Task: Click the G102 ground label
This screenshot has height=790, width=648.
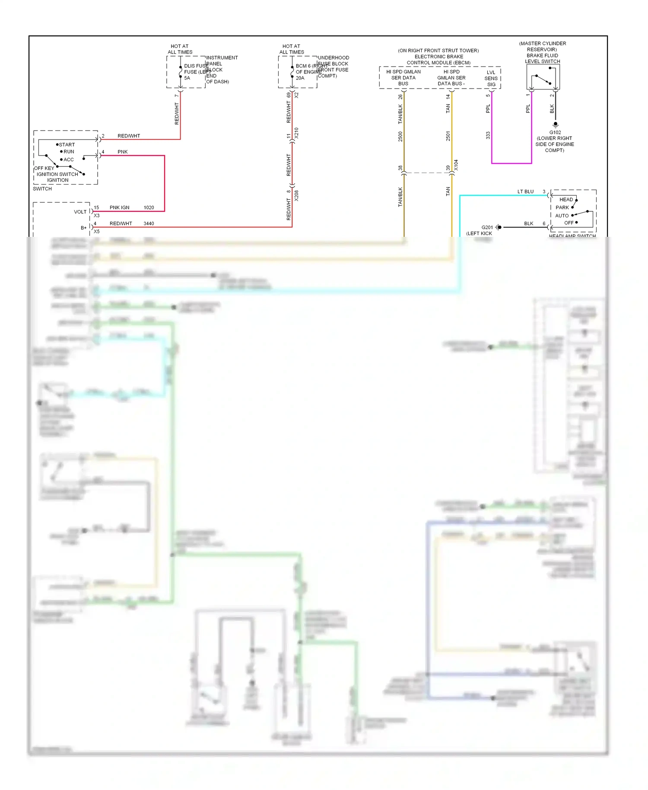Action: point(555,132)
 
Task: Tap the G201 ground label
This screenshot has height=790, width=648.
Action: point(487,227)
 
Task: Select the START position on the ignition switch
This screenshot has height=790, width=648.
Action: point(67,145)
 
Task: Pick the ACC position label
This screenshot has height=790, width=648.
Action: point(69,159)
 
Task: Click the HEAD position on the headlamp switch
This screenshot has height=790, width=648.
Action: point(566,200)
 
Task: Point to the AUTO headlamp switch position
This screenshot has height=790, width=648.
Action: point(562,216)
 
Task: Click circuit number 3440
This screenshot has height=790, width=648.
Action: point(149,223)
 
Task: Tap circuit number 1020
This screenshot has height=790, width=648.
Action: point(149,207)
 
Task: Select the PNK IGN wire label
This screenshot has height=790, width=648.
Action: point(119,207)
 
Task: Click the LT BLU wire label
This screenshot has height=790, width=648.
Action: point(525,191)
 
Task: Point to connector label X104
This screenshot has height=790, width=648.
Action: point(456,166)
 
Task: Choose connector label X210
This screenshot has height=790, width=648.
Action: point(296,133)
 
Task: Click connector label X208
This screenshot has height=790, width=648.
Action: point(296,196)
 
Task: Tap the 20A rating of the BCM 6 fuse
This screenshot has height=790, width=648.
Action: point(300,78)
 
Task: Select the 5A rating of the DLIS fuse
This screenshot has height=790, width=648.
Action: point(187,78)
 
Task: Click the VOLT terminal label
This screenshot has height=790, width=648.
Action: point(80,212)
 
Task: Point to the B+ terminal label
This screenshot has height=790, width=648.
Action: point(83,228)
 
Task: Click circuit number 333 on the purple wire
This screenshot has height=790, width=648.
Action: point(488,135)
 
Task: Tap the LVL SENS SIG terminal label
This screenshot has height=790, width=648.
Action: point(491,78)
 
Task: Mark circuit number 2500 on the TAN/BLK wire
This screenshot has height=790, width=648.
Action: point(400,137)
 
